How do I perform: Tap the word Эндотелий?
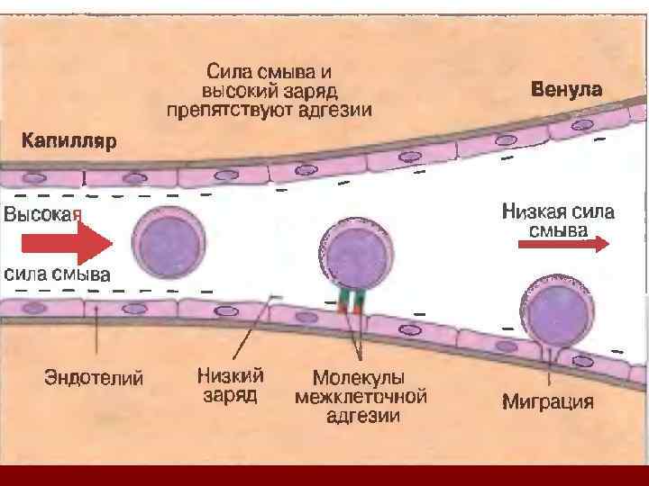(x=94, y=378)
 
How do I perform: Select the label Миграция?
(x=547, y=401)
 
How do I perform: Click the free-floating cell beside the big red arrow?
(x=169, y=241)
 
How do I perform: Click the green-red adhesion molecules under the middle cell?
(x=350, y=303)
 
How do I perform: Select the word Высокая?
(x=42, y=214)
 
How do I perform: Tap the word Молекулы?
(x=358, y=377)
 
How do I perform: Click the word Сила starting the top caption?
(x=227, y=69)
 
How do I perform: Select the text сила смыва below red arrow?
(x=58, y=274)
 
